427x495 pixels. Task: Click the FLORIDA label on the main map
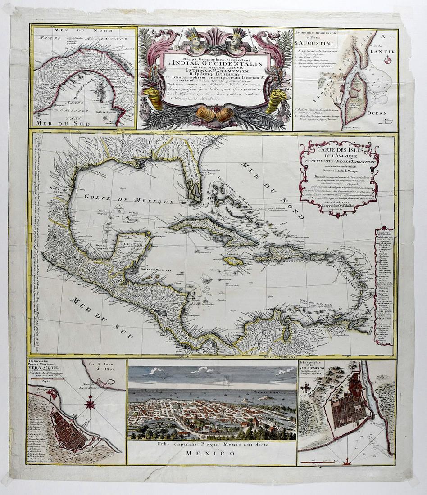tap(181, 143)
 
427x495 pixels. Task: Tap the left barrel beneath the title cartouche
tap(205, 114)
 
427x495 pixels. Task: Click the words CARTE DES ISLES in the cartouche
tap(337, 150)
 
